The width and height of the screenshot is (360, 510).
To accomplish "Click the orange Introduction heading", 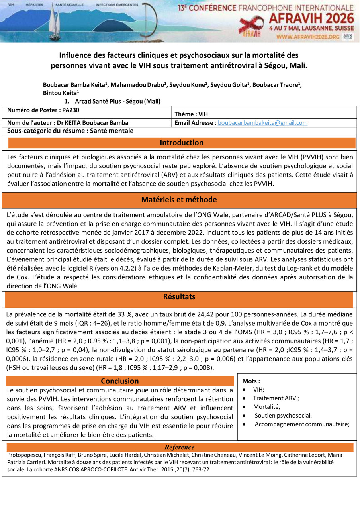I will (x=182, y=143).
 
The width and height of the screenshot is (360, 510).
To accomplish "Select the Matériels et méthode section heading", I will (x=179, y=200).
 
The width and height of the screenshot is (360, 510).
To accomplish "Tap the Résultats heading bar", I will (x=179, y=297).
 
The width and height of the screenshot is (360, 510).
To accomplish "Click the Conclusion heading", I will (x=120, y=381).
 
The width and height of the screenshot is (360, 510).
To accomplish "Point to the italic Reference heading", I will (x=180, y=447).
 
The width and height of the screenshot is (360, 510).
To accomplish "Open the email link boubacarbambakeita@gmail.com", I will (x=263, y=123).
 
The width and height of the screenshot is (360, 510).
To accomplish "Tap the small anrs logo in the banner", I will (x=348, y=36).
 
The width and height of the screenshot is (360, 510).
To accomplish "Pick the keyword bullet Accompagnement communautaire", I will (x=302, y=424).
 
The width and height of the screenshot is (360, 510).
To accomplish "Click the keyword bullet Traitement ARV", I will (x=276, y=398).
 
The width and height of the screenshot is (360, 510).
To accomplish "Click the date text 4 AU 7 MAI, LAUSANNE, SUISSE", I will (x=311, y=29).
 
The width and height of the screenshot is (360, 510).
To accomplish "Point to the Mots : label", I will (x=251, y=381).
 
